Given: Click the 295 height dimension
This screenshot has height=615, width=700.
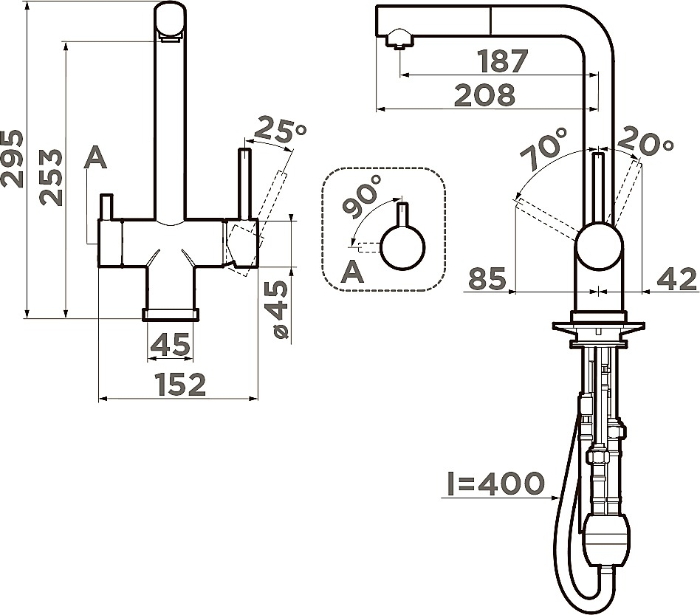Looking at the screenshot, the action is coord(12,159).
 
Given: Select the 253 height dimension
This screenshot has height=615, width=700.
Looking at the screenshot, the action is coord(50,177).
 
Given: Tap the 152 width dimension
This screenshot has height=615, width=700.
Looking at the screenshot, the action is coord(180,384).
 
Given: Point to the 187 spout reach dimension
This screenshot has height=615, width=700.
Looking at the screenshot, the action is coord(503,61).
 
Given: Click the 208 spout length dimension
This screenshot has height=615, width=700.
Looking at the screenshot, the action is coord(485,95).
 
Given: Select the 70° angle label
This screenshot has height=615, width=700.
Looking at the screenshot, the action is coord(543,148).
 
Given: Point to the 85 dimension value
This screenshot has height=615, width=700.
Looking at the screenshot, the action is coord(487,278).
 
